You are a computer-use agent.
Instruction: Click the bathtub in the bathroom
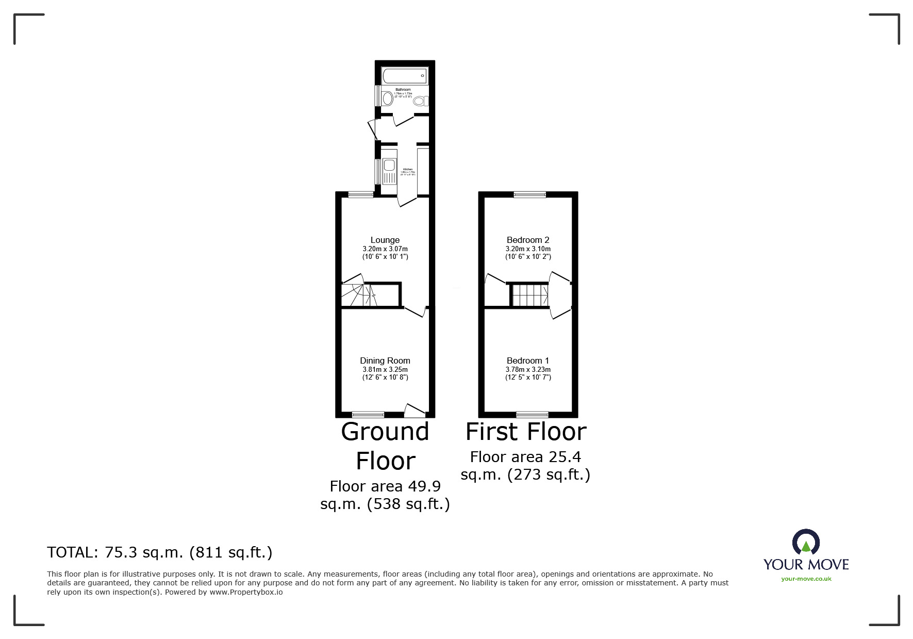(404, 76)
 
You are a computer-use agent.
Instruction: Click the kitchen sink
(389, 166)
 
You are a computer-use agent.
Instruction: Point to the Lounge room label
(385, 240)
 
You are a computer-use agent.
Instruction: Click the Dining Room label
(385, 361)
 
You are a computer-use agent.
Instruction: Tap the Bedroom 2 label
(528, 240)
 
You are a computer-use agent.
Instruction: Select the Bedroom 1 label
(528, 361)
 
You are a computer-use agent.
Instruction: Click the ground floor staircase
(357, 296)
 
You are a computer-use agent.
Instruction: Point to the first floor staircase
(529, 296)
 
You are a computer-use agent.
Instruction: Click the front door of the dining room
(414, 411)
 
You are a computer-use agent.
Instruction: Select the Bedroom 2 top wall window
(529, 194)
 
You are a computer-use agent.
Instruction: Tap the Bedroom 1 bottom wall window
(532, 414)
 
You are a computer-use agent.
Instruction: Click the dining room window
(368, 414)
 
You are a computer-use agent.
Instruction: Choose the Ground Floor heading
(385, 446)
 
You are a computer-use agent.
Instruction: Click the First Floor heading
(526, 432)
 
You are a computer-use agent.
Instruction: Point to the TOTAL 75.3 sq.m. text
(160, 552)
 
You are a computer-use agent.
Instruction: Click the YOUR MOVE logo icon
(806, 543)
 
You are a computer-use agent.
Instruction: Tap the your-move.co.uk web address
(806, 579)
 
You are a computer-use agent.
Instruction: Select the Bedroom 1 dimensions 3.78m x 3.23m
(528, 369)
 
